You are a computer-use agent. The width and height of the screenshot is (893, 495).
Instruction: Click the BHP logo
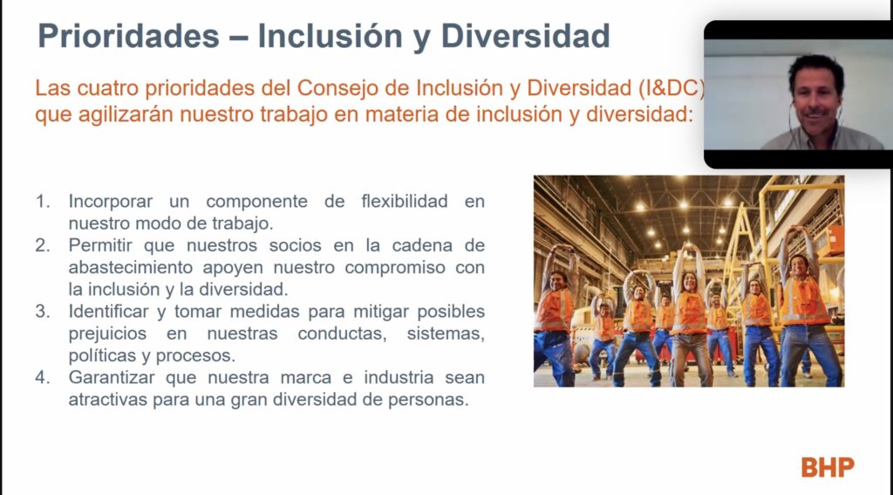pyautogui.click(x=828, y=467)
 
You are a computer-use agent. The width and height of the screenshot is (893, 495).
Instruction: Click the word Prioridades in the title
pyautogui.click(x=129, y=37)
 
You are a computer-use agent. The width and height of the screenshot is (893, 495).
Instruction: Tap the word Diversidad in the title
pyautogui.click(x=525, y=37)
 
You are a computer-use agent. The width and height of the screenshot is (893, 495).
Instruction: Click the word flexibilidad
pyautogui.click(x=405, y=202)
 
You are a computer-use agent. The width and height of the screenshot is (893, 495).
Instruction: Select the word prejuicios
pyautogui.click(x=107, y=334)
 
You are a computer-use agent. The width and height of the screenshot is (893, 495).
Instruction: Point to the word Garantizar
pyautogui.click(x=112, y=377)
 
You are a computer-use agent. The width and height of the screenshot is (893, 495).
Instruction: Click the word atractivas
pyautogui.click(x=107, y=400)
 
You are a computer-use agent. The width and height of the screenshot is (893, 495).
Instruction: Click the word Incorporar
pyautogui.click(x=111, y=202)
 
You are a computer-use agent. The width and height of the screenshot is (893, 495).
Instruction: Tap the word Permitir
pyautogui.click(x=101, y=245)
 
